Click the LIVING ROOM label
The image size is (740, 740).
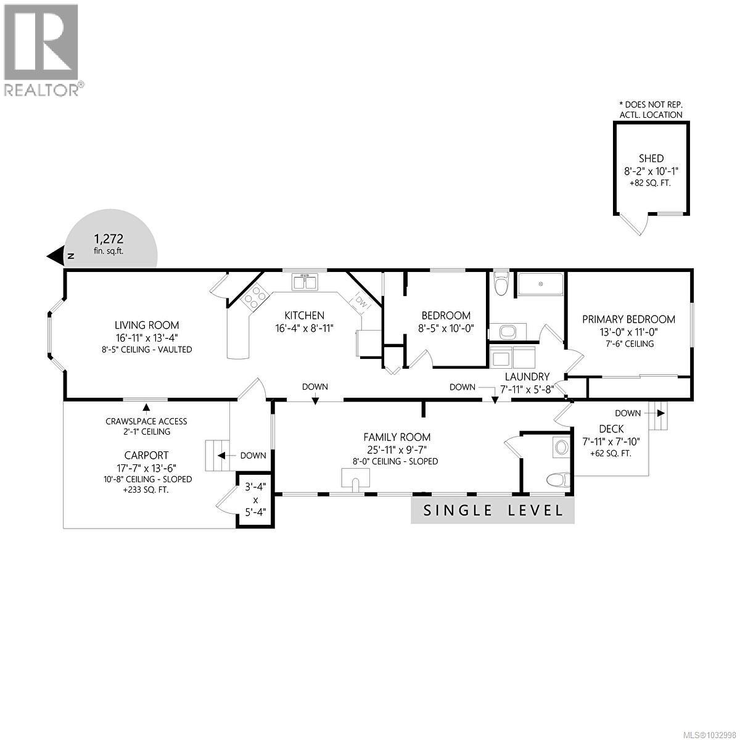click(147, 325)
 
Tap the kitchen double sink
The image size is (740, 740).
click(305, 282)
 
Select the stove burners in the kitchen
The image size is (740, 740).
click(253, 298)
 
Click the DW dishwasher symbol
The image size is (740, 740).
click(361, 303)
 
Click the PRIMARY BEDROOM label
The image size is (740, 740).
click(629, 319)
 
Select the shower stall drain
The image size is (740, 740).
click(540, 284)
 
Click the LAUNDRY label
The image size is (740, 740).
click(527, 376)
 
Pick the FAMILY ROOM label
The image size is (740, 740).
click(397, 437)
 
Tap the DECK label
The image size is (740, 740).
click(611, 429)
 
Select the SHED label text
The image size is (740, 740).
click(651, 158)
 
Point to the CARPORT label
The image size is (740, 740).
click(146, 456)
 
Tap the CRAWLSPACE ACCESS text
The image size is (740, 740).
click(146, 421)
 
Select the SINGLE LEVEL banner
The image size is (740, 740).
click(493, 511)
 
